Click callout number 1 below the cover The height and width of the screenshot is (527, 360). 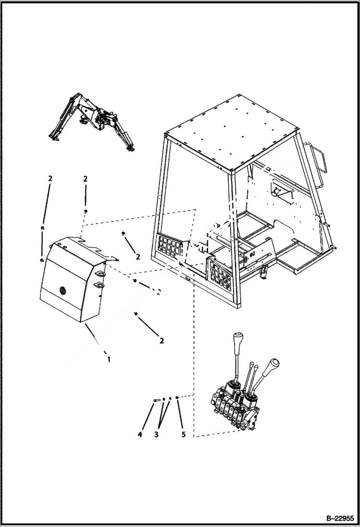pos(109,359)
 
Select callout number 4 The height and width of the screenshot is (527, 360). pos(140,434)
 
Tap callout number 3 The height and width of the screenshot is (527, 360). pos(156,434)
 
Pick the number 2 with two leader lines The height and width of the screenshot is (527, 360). pos(50,179)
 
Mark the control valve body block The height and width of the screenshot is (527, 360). pos(233,408)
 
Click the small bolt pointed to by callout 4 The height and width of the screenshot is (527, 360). pos(155,400)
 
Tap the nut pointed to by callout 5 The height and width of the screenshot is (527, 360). pos(178,398)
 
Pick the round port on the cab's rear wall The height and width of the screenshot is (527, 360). pos(277,191)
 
